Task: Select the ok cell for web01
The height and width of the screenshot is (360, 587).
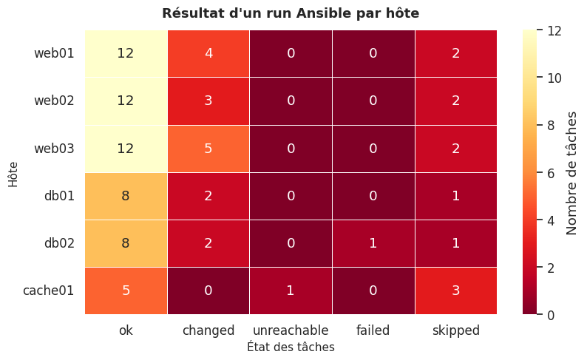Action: point(126,54)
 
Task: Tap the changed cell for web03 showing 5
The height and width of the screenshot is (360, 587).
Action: point(208,149)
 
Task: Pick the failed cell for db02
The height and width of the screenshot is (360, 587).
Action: point(373,243)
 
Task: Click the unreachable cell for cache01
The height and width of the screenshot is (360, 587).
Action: point(291,291)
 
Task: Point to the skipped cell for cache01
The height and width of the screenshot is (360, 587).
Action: point(455,291)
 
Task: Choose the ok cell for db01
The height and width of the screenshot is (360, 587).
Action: point(126,196)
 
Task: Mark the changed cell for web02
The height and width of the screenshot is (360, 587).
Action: point(208,101)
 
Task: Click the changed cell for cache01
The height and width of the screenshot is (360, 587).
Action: point(208,291)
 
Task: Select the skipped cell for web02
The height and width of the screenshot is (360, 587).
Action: point(455,101)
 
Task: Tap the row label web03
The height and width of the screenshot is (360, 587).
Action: point(54,149)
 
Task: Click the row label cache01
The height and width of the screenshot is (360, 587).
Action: point(49,291)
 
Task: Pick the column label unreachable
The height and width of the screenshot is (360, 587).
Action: point(291,330)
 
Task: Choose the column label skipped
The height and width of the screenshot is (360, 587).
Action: point(455,330)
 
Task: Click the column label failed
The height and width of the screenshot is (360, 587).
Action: point(373,330)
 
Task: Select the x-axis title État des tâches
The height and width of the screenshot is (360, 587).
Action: point(291,347)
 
